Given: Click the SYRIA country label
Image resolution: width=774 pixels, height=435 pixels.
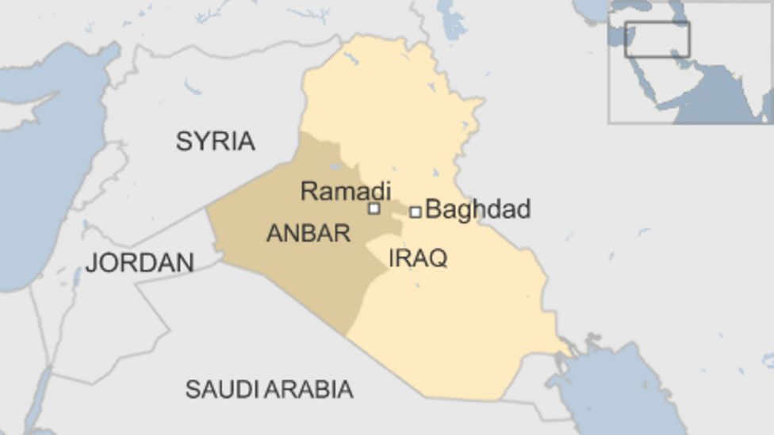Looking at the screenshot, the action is [x=215, y=141].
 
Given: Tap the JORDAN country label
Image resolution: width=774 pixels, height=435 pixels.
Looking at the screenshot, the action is [x=140, y=262].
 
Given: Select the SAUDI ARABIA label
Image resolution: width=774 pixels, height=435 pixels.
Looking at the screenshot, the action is [x=269, y=389].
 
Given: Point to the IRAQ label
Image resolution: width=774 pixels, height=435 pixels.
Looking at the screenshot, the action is [x=418, y=258].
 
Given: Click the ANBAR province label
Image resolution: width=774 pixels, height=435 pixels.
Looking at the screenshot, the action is [x=308, y=233].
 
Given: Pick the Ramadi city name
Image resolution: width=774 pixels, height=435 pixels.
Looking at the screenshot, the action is [x=346, y=191].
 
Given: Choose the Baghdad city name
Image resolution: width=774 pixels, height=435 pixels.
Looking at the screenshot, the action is [x=477, y=209].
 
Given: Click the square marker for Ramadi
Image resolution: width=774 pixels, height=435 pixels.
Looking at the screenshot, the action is [x=374, y=209].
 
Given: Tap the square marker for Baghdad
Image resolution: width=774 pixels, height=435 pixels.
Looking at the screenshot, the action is [x=415, y=212].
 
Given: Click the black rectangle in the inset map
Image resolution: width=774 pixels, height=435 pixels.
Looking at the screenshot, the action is [x=657, y=40].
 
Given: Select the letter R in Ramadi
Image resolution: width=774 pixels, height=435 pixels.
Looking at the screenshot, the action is [x=308, y=191].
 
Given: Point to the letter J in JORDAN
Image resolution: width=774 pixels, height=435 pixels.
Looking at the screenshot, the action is [x=90, y=263].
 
